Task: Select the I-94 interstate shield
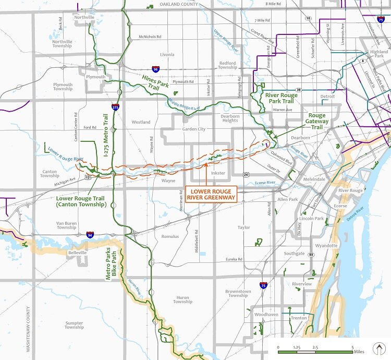pos(90,235)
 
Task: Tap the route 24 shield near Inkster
pos(245,173)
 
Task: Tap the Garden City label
pos(193,129)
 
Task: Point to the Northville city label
pos(84,17)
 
